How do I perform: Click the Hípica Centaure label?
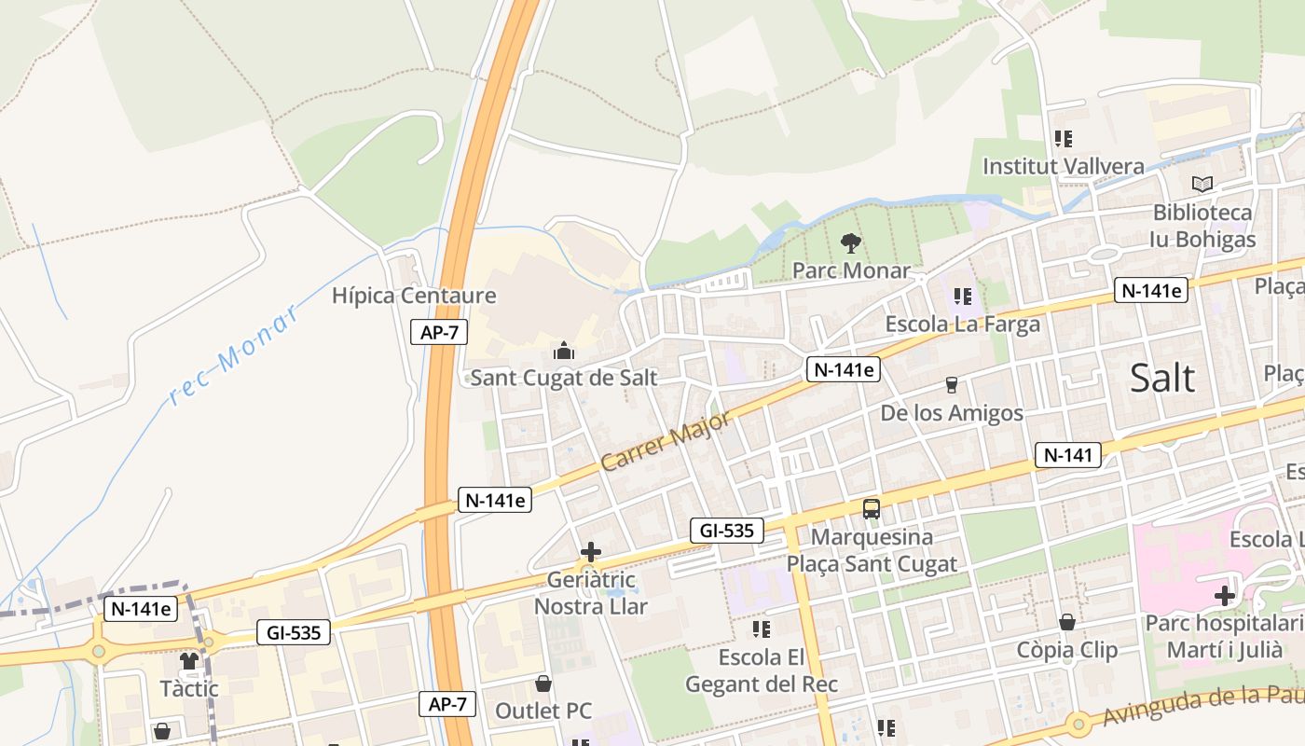414,297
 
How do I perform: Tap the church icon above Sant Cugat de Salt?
563,351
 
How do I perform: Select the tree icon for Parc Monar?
850,243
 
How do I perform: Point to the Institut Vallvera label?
1064,167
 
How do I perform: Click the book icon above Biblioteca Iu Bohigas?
1202,185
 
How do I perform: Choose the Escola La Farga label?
962,325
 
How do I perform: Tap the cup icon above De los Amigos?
952,384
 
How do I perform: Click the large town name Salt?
1161,378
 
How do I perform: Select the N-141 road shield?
1067,455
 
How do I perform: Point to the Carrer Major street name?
666,440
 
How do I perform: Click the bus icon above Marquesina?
872,509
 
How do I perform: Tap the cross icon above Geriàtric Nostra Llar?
590,552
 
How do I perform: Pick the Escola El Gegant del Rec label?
762,671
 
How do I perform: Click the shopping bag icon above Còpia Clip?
1067,622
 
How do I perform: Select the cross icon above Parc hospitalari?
1224,595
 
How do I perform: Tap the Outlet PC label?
543,711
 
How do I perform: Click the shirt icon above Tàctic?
189,660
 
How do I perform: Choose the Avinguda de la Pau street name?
1202,706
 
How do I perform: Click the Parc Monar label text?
850,270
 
